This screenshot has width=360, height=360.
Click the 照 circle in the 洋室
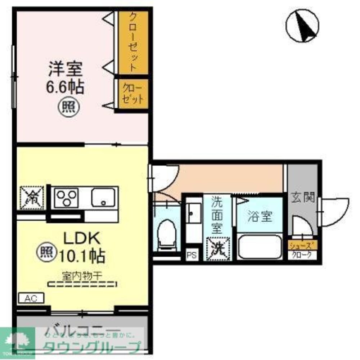[67, 107]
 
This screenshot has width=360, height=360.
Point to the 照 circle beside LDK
[46, 251]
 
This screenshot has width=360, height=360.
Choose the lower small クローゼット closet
[133, 93]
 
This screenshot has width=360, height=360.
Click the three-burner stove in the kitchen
[67, 197]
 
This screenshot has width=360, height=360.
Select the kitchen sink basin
[103, 197]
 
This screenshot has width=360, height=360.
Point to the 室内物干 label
[82, 276]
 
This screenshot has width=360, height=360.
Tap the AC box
[31, 298]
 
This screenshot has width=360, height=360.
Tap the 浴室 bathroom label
[259, 217]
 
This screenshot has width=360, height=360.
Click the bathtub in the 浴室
[260, 247]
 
